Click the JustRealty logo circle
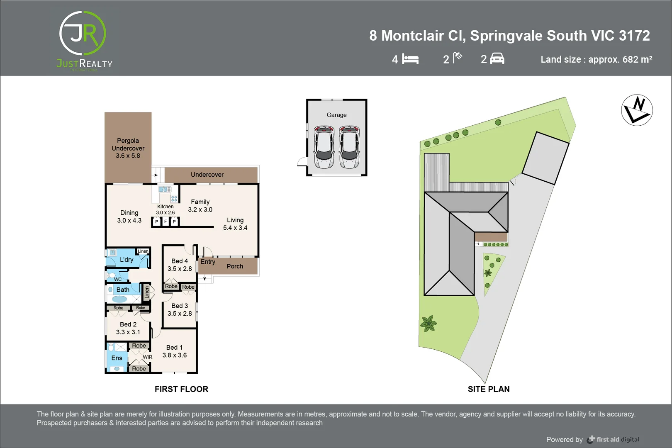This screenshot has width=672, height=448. tap(83, 34)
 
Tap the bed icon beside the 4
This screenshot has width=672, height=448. tap(410, 59)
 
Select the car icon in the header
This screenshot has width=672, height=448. tap(497, 59)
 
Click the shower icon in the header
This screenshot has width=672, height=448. tap(458, 58)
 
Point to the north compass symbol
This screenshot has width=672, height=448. tap(637, 110)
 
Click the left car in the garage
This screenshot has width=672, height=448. tap(324, 147)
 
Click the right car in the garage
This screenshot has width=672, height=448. tap(349, 147)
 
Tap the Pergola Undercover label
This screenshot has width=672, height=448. tap(128, 148)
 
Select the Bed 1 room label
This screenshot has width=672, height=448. tap(174, 351)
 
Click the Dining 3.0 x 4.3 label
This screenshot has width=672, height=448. tap(129, 217)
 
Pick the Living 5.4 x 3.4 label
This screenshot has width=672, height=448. tap(235, 224)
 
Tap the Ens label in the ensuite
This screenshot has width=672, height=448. tap(117, 358)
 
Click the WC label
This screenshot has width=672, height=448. tap(118, 279)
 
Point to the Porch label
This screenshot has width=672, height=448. tap(235, 266)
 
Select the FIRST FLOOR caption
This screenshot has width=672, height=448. tap(181, 389)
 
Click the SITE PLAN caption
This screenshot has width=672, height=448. tap(489, 389)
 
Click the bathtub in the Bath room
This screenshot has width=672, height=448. tap(120, 299)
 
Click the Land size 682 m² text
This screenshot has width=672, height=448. tap(596, 59)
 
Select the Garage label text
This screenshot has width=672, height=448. tap(336, 115)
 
